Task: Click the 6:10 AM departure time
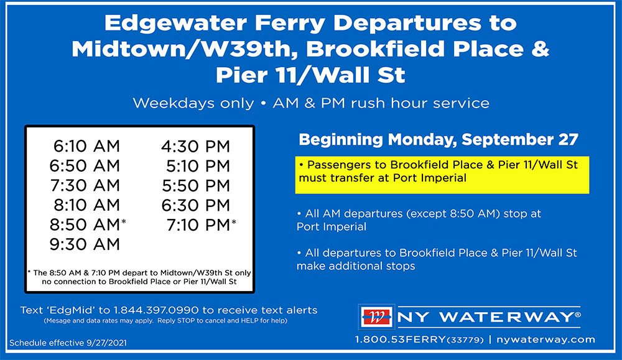pos(86,146)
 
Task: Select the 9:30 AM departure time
pos(85,244)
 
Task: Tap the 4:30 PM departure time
pos(195,146)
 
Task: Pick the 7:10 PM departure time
pos(198,225)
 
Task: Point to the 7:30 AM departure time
pos(85,185)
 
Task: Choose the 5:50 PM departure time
pos(196,185)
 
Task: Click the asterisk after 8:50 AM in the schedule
pos(124,221)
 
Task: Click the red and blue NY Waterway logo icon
pos(376,317)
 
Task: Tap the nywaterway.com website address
pos(546,339)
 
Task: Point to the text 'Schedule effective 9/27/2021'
pos(68,343)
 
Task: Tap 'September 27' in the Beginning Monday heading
pos(520,139)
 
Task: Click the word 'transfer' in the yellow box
pos(353,178)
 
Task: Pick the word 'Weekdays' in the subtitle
pos(193,103)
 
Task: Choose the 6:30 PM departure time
pos(195,205)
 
